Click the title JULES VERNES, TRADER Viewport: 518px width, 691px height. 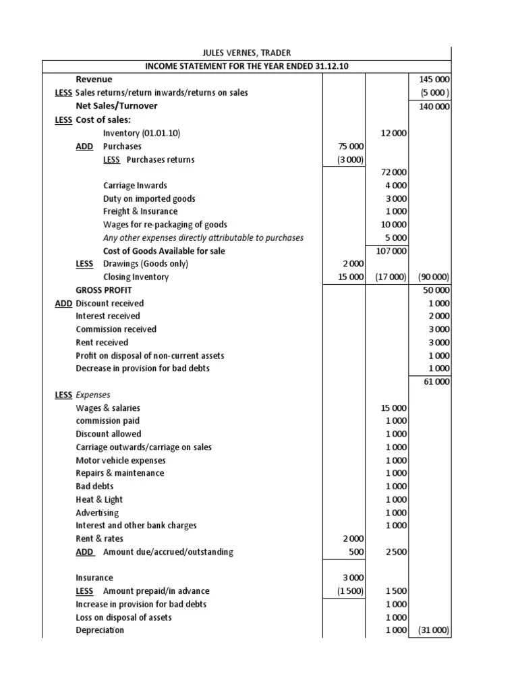point(248,53)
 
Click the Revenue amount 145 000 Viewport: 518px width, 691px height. point(434,80)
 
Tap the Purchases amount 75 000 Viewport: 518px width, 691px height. point(350,146)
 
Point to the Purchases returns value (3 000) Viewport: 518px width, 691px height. point(350,159)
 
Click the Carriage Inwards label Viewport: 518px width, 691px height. point(135,185)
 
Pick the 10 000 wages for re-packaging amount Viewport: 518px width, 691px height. point(393,224)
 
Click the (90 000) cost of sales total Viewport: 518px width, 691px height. point(434,277)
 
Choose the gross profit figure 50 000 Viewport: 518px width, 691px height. point(435,289)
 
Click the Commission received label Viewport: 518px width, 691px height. point(116,329)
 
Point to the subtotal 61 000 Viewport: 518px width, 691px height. point(435,382)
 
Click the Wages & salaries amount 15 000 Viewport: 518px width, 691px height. point(393,408)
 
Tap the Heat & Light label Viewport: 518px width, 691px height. point(99,499)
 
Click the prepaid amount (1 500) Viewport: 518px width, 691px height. point(350,591)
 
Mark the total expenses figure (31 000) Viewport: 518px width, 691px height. point(434,630)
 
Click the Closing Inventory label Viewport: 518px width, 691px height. point(136,277)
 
